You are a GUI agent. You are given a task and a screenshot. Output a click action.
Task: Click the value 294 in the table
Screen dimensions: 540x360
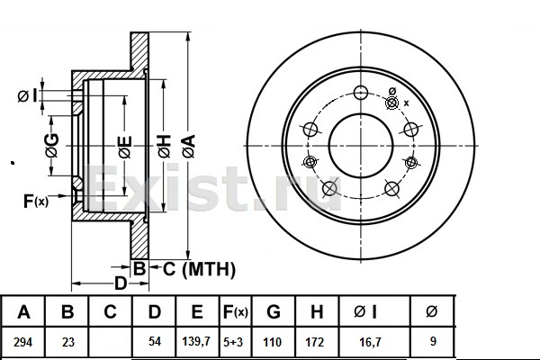(23, 342)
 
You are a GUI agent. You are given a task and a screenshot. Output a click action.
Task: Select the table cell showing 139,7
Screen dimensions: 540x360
(196, 341)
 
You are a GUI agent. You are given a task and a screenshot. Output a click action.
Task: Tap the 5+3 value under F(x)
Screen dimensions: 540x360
(233, 342)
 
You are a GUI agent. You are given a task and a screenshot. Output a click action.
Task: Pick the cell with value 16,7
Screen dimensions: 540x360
(370, 342)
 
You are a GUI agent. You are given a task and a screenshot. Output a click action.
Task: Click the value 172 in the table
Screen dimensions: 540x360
(315, 342)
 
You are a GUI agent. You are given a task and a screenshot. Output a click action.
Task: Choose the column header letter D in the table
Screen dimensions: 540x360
(154, 311)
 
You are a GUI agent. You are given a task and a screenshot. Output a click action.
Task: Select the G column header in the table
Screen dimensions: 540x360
(274, 311)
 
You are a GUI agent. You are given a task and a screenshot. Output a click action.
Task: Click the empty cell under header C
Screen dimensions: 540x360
(110, 342)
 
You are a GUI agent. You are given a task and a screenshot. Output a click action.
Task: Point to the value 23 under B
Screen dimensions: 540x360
(67, 342)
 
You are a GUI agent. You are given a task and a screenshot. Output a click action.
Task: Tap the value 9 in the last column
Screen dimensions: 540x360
(433, 341)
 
